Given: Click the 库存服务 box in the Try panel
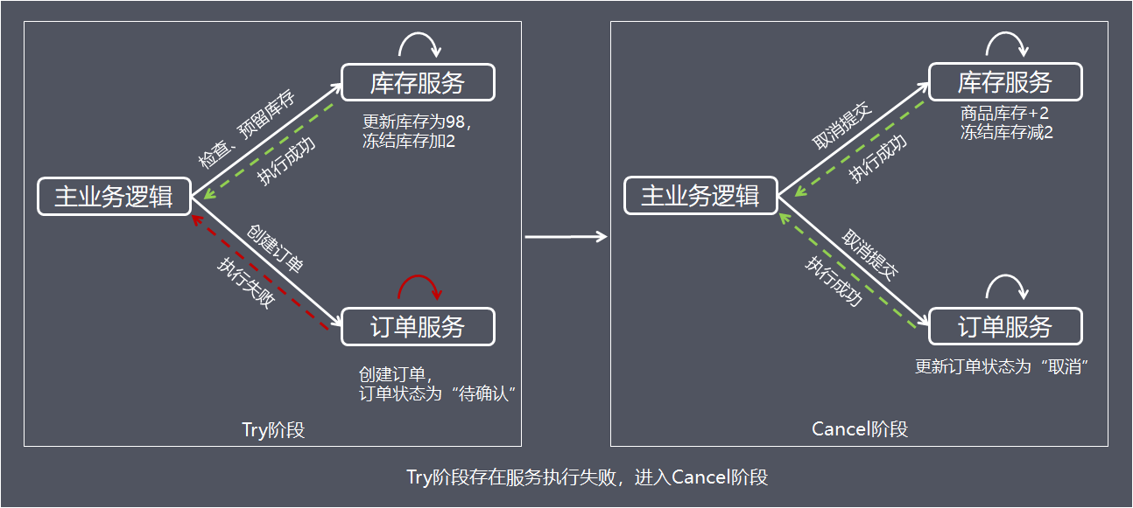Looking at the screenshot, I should [418, 83].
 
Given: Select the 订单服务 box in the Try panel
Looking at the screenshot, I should [418, 327].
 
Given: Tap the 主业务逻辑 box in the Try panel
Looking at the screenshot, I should [114, 196].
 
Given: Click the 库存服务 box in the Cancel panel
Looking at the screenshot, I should [1005, 83].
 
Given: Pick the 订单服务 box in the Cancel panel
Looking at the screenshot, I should [1005, 327].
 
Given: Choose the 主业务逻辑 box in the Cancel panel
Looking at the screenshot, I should [700, 196].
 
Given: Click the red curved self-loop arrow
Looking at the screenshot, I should [419, 285].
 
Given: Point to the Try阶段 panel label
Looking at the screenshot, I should [273, 429].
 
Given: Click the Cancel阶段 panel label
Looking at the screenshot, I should [860, 429].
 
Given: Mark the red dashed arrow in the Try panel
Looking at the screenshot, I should [263, 274].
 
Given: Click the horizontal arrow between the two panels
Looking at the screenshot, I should [566, 236].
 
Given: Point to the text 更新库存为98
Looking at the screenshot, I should [417, 122].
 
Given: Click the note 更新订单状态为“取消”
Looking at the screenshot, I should [1001, 366].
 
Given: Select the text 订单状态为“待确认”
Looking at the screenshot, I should [435, 393].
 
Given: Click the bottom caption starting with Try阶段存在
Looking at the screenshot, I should [587, 477].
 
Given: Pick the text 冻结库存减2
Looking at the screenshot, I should [1006, 133].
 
